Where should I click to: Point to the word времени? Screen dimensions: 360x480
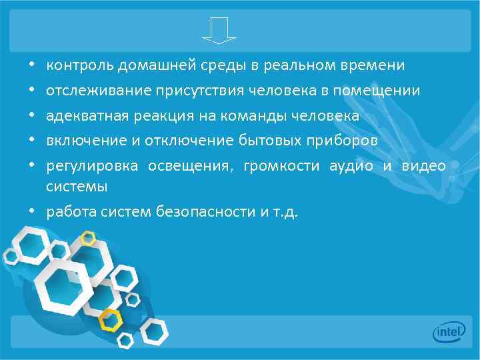[369, 65]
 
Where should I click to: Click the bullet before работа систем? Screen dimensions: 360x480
[32, 212]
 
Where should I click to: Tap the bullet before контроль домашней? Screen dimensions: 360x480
[32, 65]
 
